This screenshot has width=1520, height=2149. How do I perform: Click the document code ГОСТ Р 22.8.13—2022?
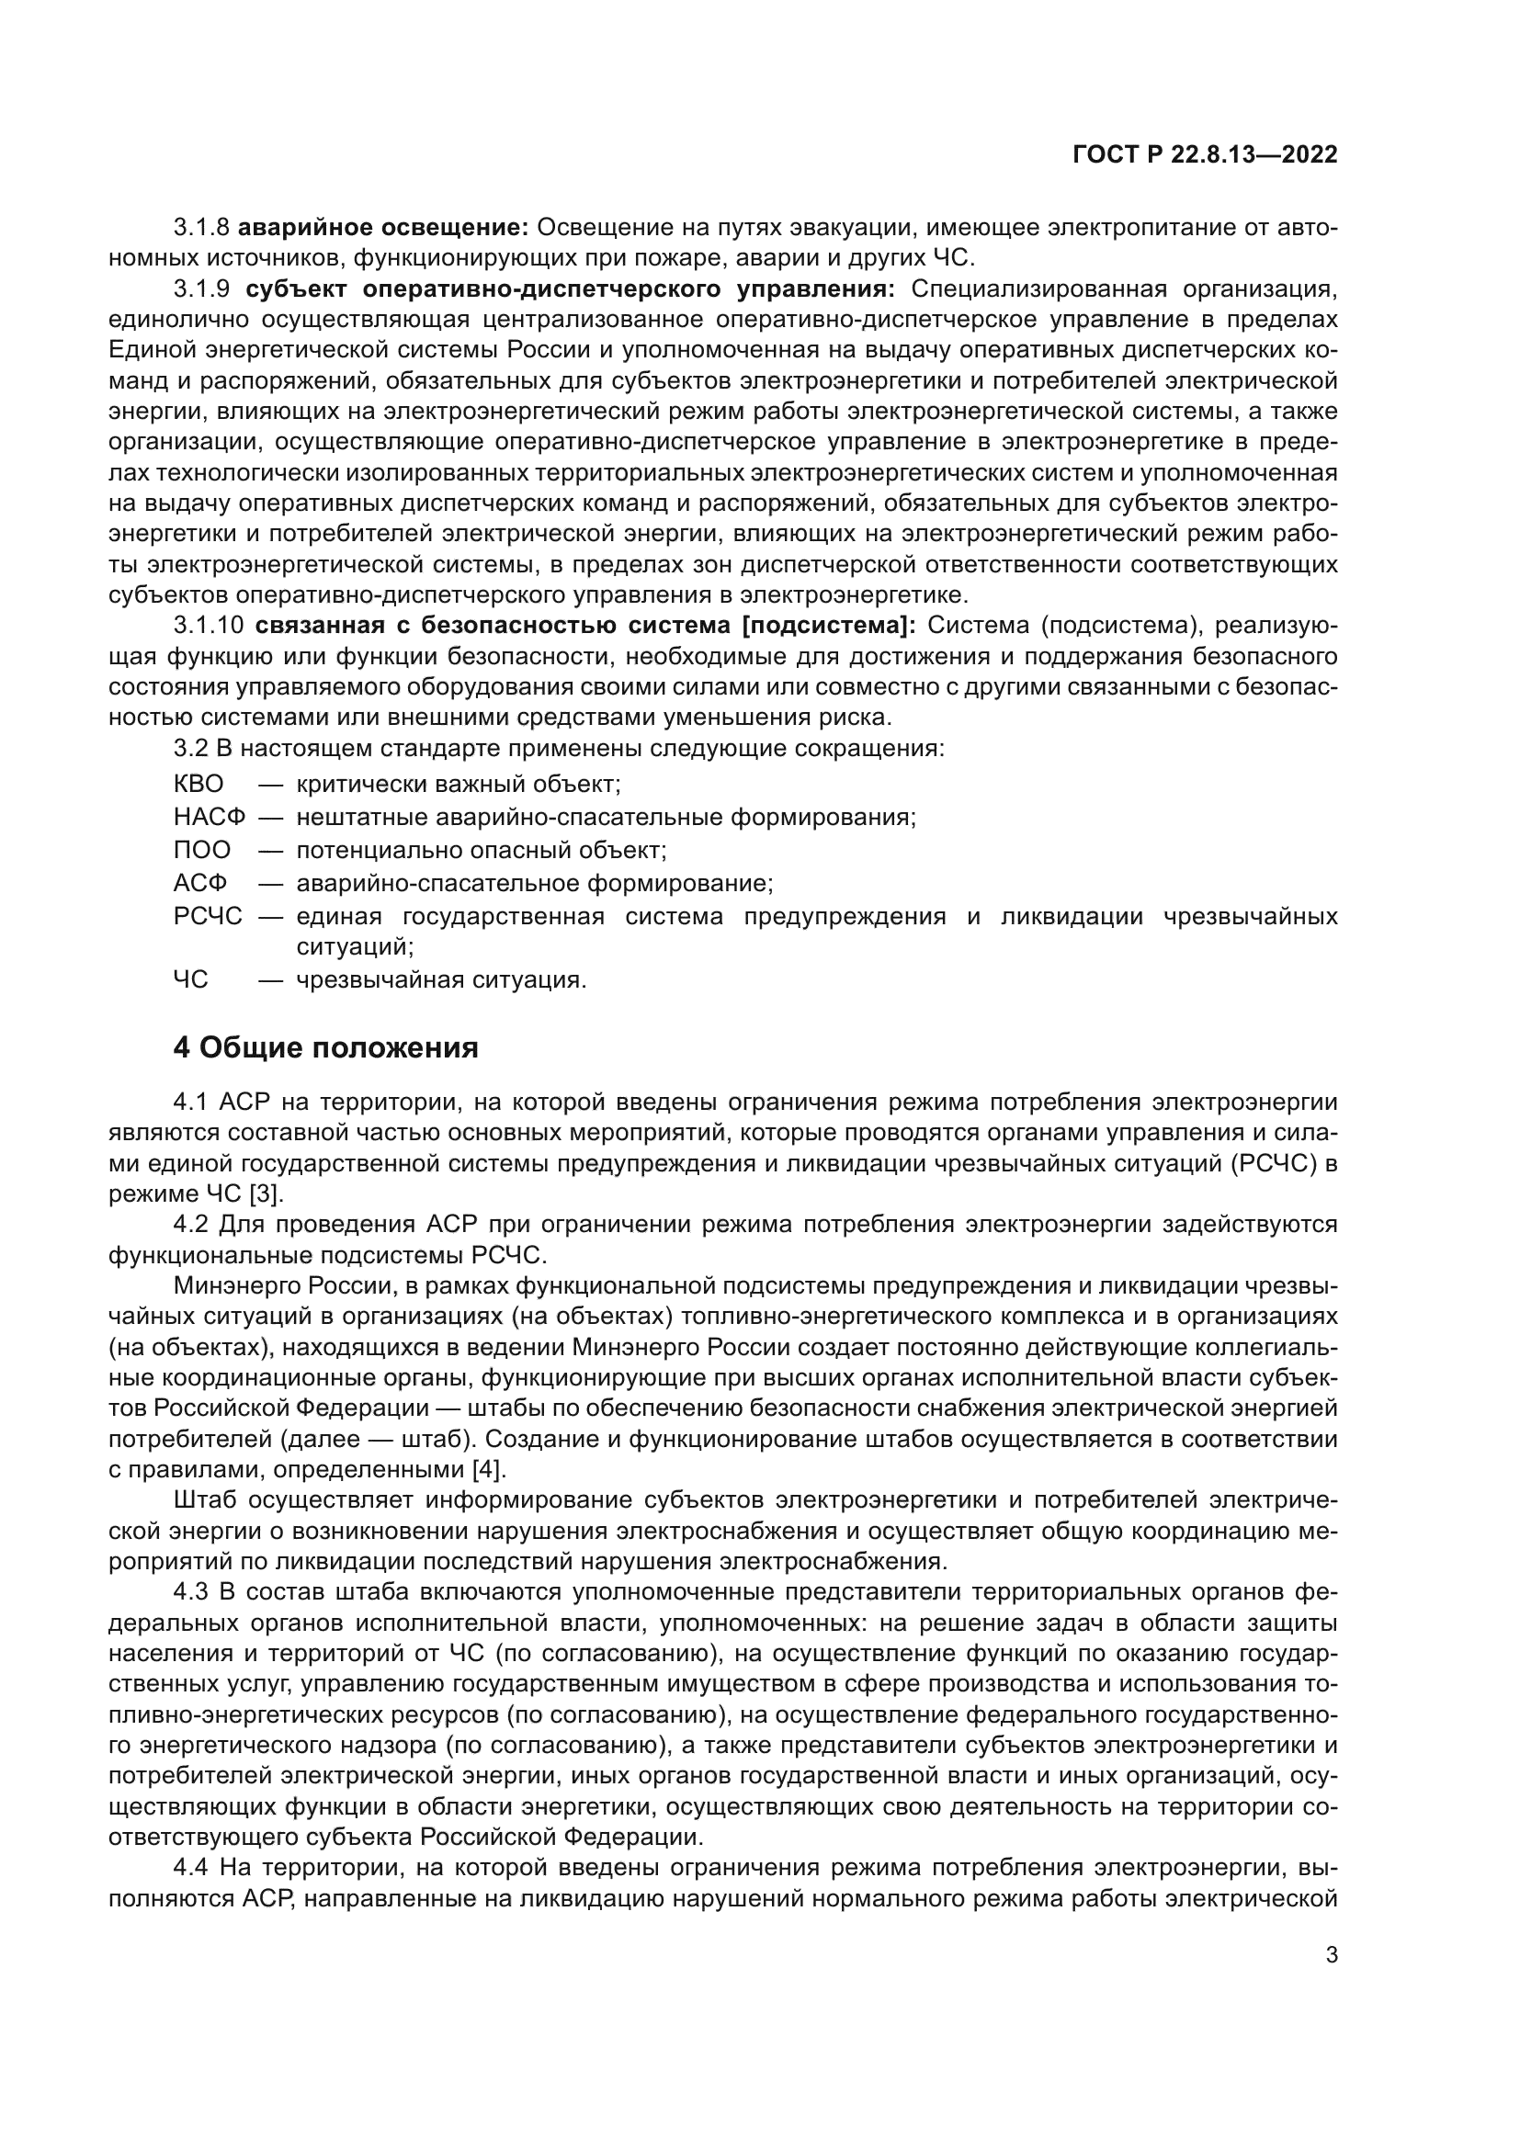click(1205, 155)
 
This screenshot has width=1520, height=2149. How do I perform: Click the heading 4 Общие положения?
click(325, 1047)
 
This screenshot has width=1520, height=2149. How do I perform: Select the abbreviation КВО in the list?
click(199, 784)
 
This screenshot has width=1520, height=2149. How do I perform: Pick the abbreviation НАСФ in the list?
click(209, 816)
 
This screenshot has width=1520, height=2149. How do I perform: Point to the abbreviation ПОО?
click(201, 850)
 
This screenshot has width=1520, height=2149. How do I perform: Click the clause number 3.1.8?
click(201, 227)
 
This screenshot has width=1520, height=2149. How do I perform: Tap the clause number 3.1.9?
click(201, 288)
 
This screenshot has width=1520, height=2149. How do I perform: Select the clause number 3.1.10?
click(208, 626)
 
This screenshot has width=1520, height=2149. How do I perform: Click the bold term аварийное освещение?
click(384, 227)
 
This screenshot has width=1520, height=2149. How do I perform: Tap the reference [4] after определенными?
click(489, 1469)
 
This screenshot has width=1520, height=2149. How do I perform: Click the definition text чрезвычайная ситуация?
click(441, 980)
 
